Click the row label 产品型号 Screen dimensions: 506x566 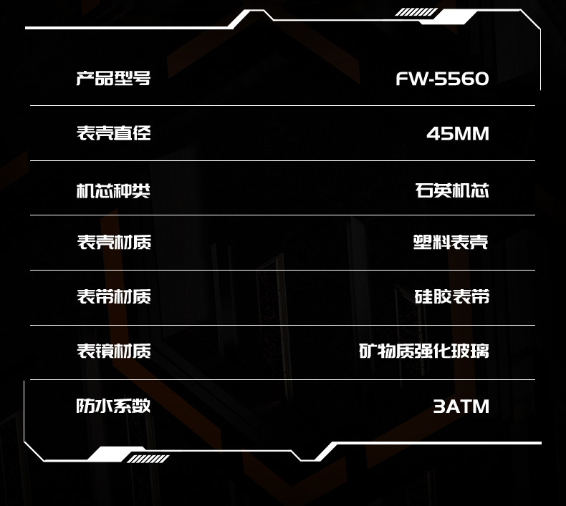pos(113,78)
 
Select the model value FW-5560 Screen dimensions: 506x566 pos(442,79)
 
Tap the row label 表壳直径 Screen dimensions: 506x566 pos(113,133)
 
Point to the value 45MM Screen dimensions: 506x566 pos(458,134)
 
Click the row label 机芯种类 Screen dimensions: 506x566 pos(113,190)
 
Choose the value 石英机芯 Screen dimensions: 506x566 pos(452,190)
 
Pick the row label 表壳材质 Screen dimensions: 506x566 pos(113,242)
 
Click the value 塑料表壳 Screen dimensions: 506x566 pos(451,242)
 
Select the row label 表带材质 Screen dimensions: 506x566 pos(113,296)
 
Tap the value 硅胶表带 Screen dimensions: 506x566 pos(452,296)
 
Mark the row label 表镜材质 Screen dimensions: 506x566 pos(113,351)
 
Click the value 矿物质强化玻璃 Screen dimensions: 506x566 pos(424,351)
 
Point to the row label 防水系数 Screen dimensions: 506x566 pos(113,406)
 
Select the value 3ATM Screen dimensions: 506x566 pos(461,407)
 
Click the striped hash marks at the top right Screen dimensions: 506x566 pos(416,12)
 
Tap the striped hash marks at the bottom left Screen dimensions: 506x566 pos(149,459)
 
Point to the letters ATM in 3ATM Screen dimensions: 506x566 pos(469,407)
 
